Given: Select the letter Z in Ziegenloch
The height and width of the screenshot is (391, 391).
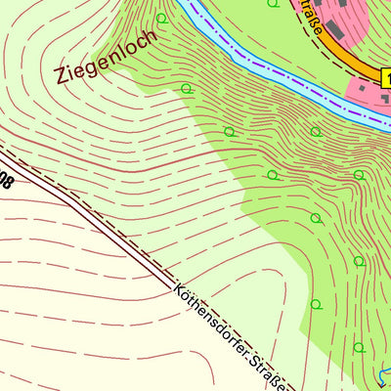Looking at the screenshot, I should (64, 74).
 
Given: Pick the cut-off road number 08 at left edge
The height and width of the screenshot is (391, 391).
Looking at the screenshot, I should (7, 179).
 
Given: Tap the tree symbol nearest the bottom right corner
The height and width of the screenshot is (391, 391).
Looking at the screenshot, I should (359, 347).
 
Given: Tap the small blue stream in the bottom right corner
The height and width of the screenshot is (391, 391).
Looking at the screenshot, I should (383, 376).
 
